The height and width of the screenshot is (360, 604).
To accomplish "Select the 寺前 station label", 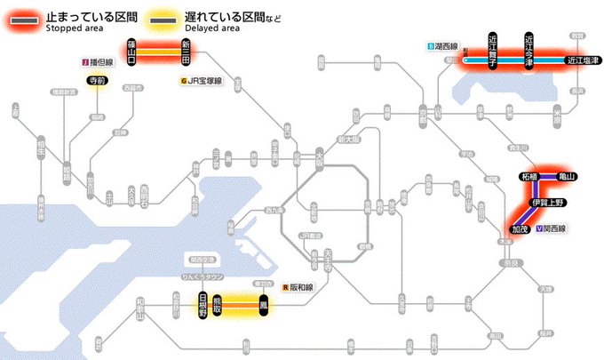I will click(x=96, y=81).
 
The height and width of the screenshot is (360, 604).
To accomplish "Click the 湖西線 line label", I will click(x=443, y=45).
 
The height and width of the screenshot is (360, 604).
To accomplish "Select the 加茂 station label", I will click(x=518, y=229).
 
